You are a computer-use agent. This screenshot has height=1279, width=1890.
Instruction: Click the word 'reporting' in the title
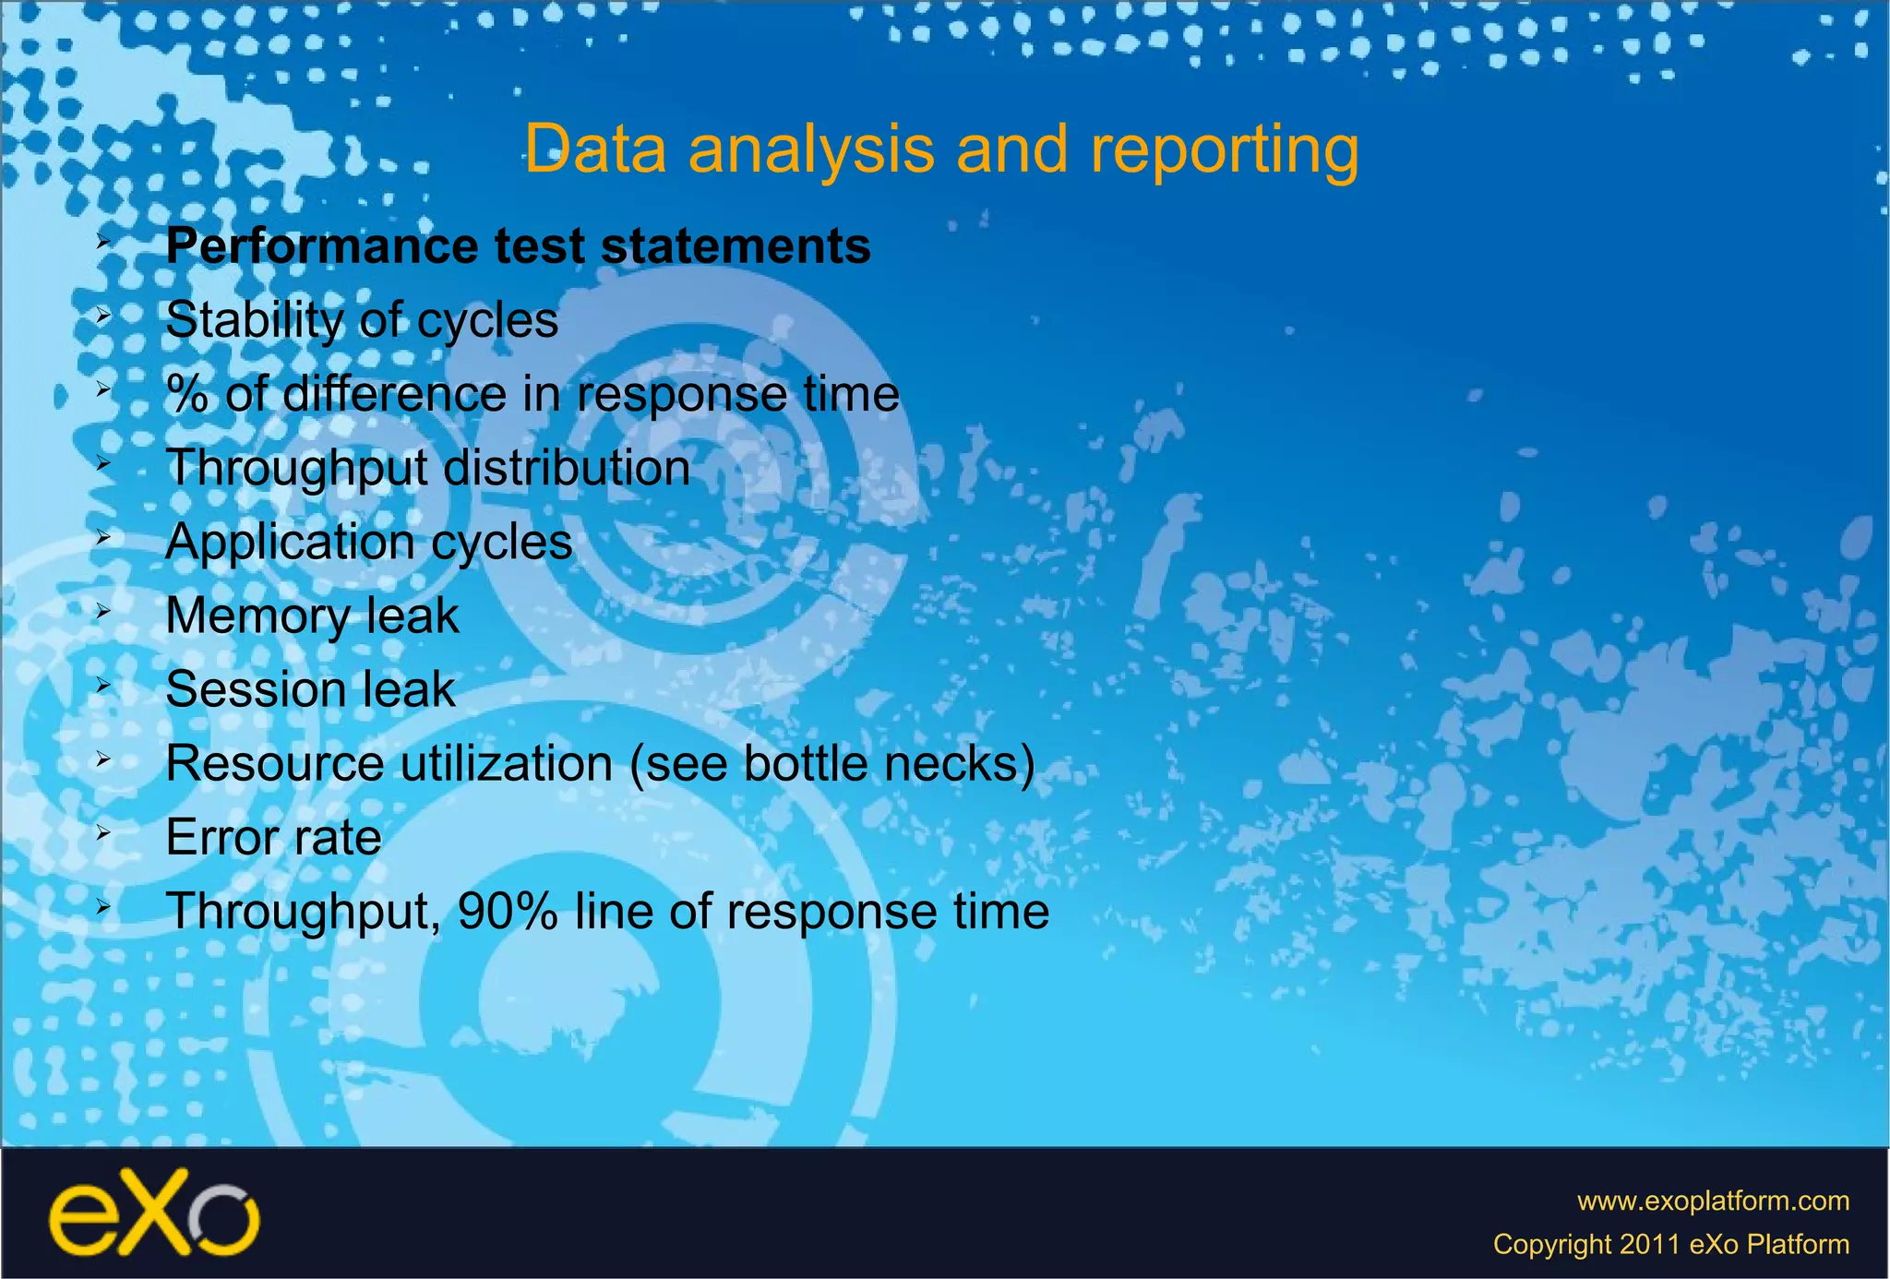click(x=1225, y=149)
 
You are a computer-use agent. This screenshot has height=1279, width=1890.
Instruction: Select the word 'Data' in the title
click(x=595, y=149)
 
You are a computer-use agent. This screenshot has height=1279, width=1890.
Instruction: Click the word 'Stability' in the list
click(x=254, y=321)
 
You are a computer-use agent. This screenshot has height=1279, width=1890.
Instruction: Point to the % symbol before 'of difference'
click(x=187, y=395)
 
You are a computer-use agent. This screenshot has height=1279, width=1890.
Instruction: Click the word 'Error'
click(x=220, y=838)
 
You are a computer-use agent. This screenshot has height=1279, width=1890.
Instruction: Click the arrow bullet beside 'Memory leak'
click(x=103, y=611)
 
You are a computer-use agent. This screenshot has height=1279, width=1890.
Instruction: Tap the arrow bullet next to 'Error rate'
click(x=103, y=832)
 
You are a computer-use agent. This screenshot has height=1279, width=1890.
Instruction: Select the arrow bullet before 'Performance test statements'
click(x=103, y=243)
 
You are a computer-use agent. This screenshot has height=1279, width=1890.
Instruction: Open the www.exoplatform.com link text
click(x=1713, y=1201)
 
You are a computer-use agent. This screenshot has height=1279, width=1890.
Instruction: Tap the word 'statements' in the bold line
click(x=736, y=247)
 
